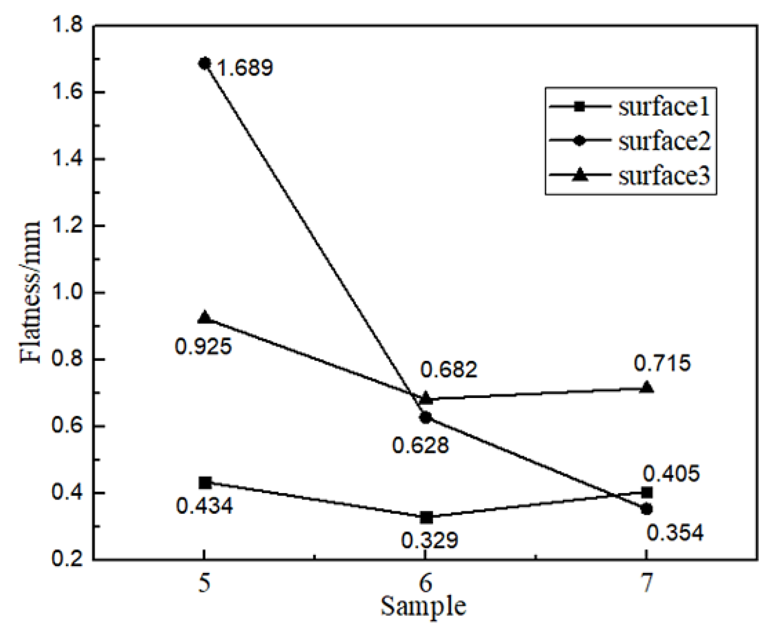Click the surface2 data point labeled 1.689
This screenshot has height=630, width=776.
[205, 64]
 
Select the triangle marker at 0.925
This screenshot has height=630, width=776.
[205, 318]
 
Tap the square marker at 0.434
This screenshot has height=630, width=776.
[205, 483]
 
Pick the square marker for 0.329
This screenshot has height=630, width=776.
[426, 517]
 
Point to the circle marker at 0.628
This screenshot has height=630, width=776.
[426, 417]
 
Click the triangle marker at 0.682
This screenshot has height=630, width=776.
[426, 398]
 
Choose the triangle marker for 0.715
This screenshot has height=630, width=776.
[647, 387]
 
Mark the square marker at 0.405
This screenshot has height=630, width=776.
[647, 492]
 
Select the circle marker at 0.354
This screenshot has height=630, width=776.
[647, 509]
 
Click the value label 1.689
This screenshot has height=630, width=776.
[245, 68]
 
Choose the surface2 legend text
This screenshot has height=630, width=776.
[664, 142]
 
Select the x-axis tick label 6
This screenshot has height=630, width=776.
[426, 584]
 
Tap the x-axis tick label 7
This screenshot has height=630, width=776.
[646, 584]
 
